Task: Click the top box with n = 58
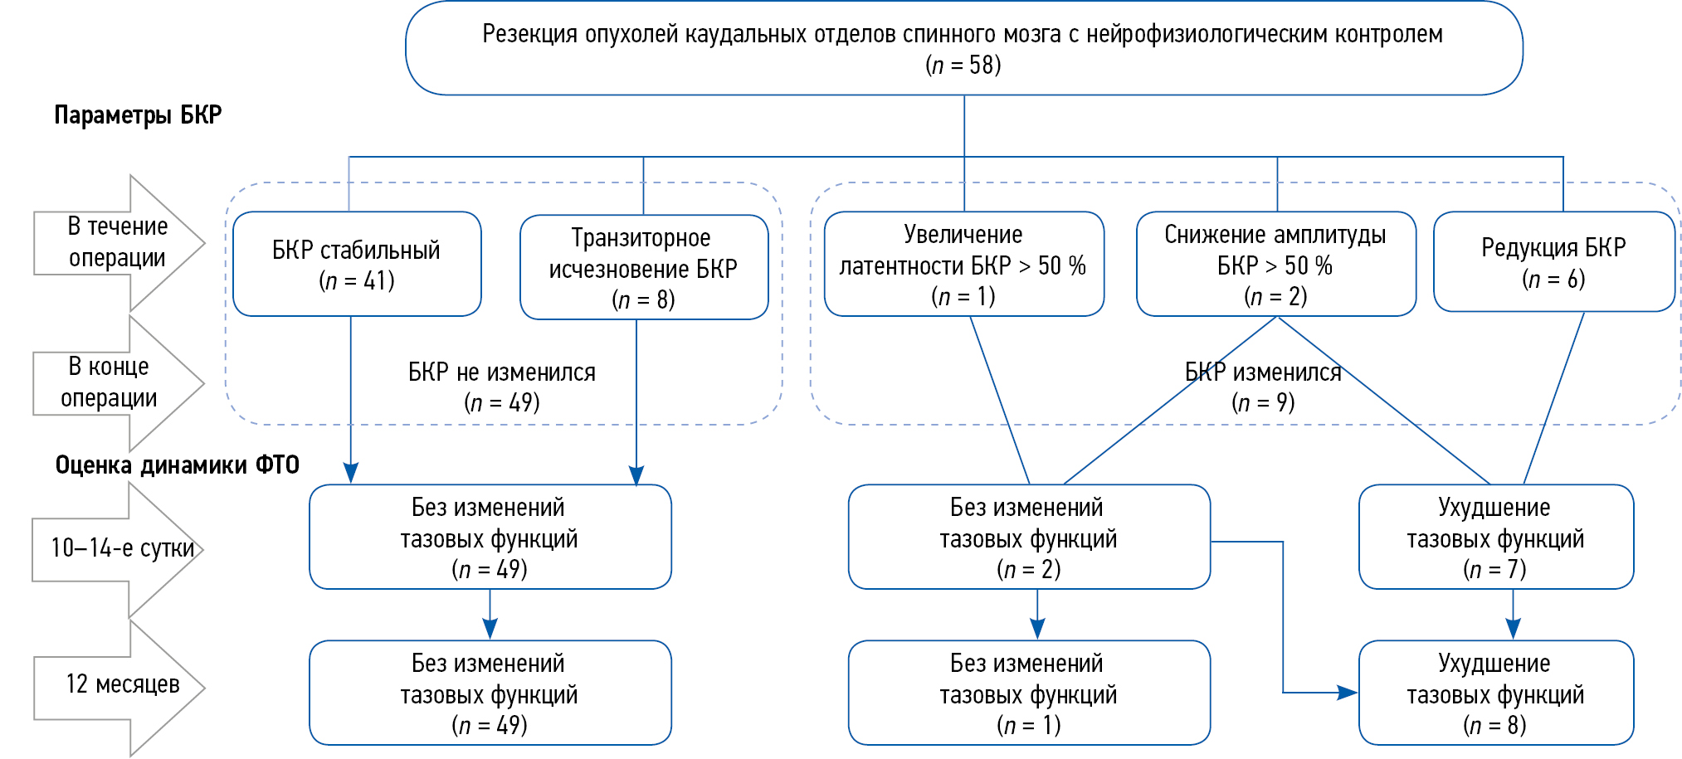(963, 48)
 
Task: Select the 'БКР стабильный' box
(357, 264)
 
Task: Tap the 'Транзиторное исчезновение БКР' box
(643, 267)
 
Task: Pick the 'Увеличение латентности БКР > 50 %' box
(963, 264)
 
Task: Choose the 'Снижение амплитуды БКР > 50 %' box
(1275, 264)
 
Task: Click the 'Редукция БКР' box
(1553, 261)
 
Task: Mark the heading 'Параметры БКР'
(138, 114)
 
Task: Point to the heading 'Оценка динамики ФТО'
(177, 465)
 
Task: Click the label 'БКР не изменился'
(501, 372)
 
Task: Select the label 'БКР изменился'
(1262, 372)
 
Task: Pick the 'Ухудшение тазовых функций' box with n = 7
(1495, 537)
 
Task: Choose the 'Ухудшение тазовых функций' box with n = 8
(1495, 693)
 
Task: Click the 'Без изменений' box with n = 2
(1028, 537)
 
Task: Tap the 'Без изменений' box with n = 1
(1028, 693)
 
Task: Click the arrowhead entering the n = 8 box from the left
(1348, 692)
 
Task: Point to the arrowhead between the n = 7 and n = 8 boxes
(1513, 630)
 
